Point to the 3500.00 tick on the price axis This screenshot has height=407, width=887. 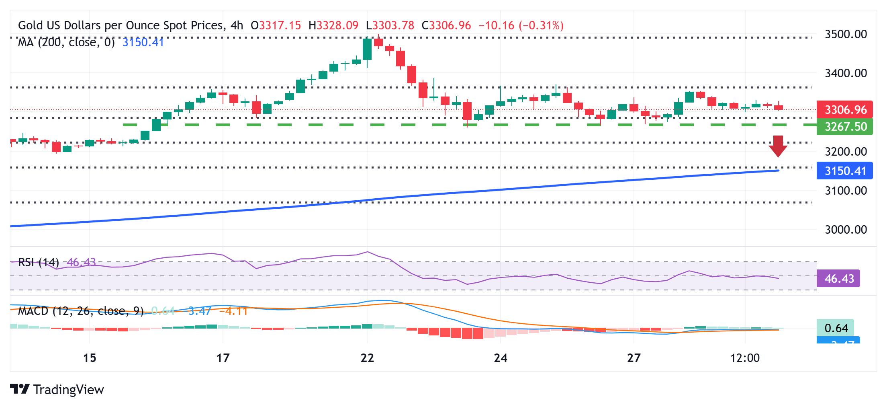click(x=846, y=34)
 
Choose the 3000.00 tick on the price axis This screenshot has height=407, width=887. click(x=846, y=230)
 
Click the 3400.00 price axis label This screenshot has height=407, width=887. click(x=846, y=73)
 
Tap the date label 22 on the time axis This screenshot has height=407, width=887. click(x=367, y=358)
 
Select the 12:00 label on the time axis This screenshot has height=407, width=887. click(x=745, y=358)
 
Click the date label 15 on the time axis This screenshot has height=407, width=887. click(x=90, y=358)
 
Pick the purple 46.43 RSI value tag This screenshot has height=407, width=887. click(x=838, y=278)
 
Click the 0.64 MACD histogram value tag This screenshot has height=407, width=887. click(x=836, y=328)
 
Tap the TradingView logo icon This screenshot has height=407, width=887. click(x=20, y=389)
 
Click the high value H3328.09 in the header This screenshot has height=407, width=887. click(x=333, y=26)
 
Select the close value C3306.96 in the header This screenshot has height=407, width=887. click(x=446, y=26)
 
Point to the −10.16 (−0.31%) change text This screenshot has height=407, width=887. click(x=521, y=26)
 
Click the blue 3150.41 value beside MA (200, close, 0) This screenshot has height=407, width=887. click(x=143, y=42)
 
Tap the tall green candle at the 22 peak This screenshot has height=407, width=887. click(x=367, y=49)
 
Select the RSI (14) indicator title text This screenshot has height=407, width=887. click(x=39, y=263)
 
